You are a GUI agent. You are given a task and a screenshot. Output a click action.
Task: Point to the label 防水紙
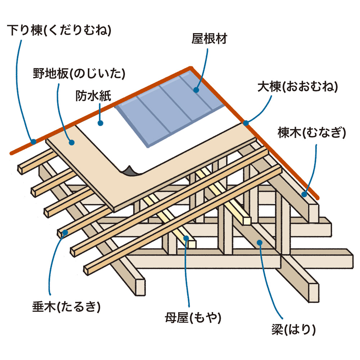click(93, 96)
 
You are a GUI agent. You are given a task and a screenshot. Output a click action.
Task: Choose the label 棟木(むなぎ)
click(312, 134)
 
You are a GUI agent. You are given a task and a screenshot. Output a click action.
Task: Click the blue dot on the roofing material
click(196, 90)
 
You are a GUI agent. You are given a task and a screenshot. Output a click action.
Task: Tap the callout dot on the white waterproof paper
click(101, 123)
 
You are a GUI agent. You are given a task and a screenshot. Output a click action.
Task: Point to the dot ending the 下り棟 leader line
click(33, 142)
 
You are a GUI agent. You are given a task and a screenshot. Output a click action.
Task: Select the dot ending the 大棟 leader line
click(246, 123)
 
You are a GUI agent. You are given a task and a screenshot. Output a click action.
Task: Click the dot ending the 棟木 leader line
click(305, 194)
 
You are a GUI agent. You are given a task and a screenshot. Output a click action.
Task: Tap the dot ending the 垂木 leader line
click(65, 233)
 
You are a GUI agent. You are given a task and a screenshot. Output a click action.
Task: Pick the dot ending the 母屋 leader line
click(186, 238)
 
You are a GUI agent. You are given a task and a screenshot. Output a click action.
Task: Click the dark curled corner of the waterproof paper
click(129, 171)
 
